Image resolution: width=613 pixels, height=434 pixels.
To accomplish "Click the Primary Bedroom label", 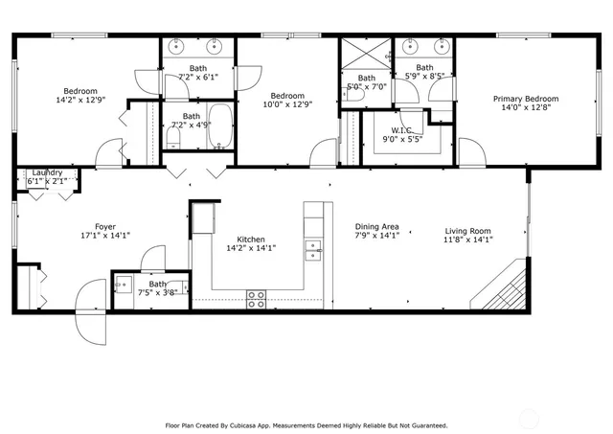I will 526,99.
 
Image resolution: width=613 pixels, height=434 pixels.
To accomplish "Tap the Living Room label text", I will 467,230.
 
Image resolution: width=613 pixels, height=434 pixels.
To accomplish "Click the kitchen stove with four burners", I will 257,299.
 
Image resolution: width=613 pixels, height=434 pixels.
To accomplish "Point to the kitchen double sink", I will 313,251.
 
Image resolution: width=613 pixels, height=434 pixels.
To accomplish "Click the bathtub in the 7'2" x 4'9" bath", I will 218,127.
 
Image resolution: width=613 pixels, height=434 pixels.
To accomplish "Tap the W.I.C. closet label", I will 401,130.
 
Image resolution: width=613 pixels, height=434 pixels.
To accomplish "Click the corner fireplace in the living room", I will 506,289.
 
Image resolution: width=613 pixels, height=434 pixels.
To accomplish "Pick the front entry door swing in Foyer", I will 92,311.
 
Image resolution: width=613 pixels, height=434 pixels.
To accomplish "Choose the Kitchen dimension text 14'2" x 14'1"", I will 250,248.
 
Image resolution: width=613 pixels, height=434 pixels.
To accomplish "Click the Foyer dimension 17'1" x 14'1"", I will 105,235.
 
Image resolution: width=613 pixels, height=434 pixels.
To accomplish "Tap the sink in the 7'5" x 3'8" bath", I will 123,284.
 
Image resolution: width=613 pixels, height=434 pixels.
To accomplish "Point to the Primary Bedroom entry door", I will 470,151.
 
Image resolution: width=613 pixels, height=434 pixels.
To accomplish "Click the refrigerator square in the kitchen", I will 202,219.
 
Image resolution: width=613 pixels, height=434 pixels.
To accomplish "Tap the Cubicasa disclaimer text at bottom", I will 306,424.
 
